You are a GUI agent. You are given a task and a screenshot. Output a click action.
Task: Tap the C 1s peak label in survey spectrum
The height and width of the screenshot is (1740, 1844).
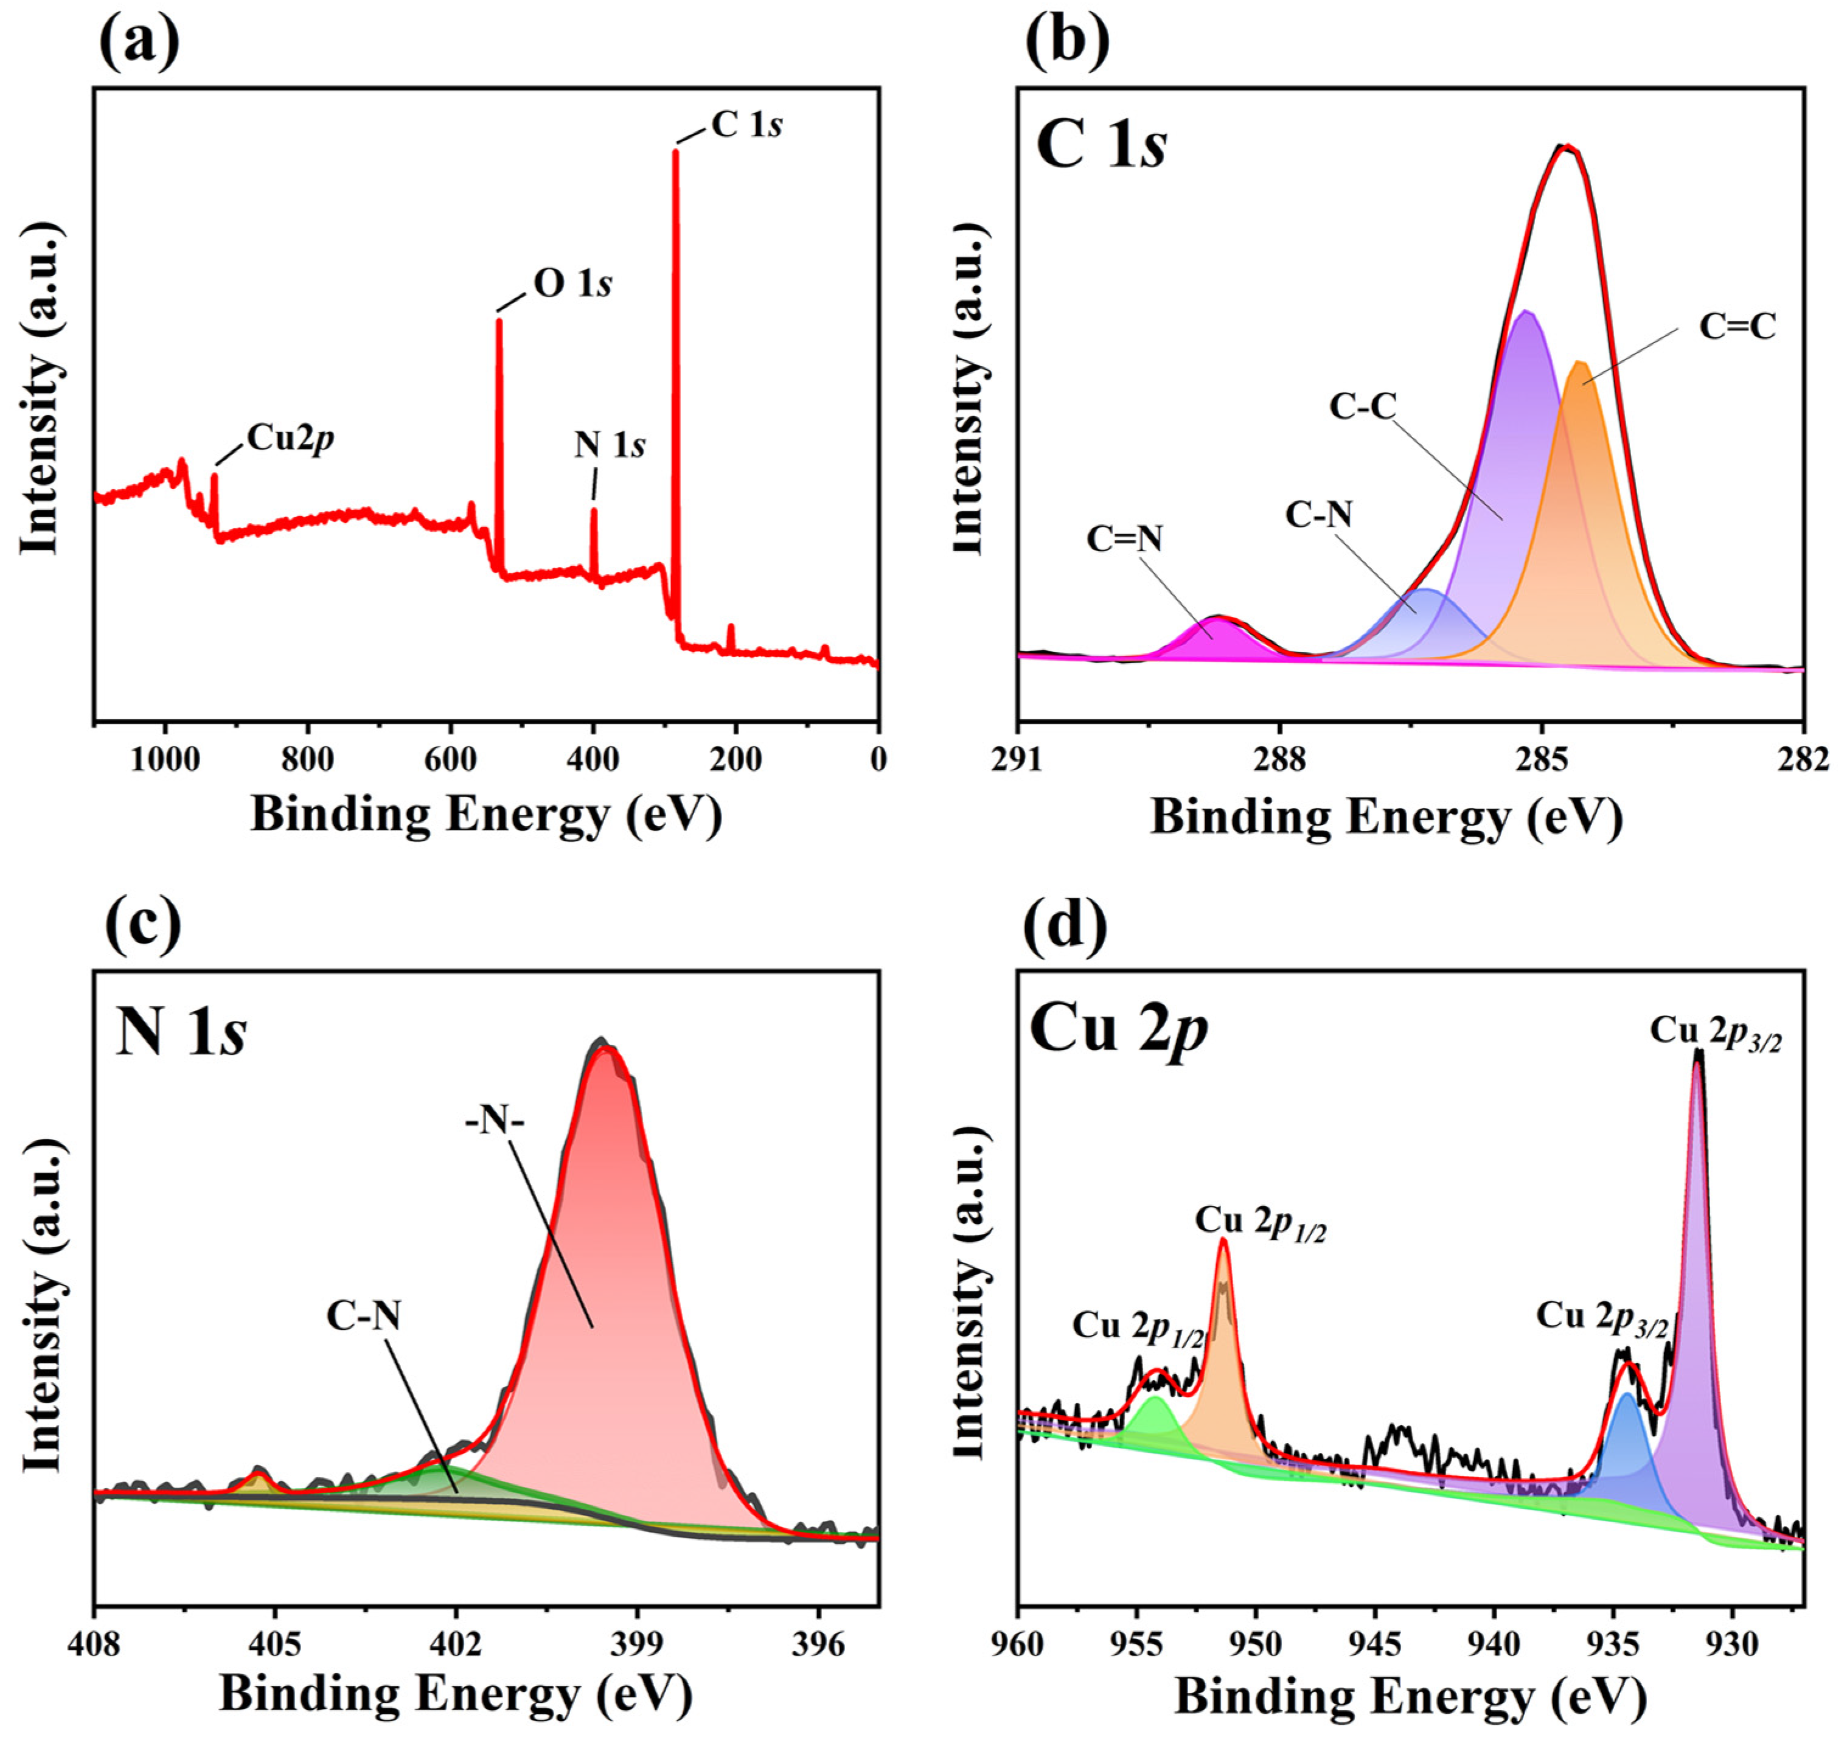(746, 124)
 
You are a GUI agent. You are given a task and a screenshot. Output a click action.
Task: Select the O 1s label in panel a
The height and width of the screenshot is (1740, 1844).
(572, 284)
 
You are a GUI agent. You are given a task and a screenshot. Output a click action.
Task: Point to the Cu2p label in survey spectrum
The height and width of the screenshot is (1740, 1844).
(290, 438)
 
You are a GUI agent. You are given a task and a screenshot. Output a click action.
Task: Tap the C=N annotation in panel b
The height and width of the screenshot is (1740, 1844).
(1124, 539)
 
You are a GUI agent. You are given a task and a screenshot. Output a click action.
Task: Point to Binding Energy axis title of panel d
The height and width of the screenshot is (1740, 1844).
(1410, 1697)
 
